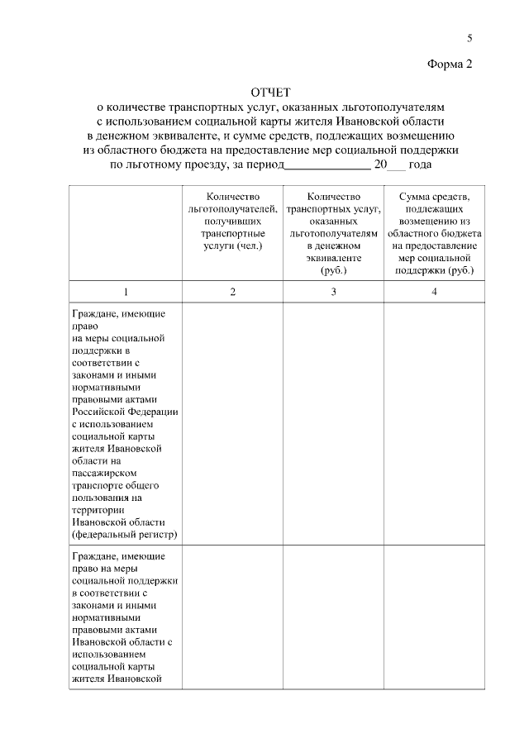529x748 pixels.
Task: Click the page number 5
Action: [469, 37]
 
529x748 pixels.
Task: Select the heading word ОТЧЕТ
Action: [271, 91]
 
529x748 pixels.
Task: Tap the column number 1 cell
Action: [126, 291]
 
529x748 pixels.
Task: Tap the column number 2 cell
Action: [232, 291]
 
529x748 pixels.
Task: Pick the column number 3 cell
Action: [333, 291]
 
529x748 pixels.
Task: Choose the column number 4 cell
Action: [434, 291]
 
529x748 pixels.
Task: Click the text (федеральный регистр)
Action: [126, 535]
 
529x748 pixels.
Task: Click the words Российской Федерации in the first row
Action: [126, 411]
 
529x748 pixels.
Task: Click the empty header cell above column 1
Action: [126, 234]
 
